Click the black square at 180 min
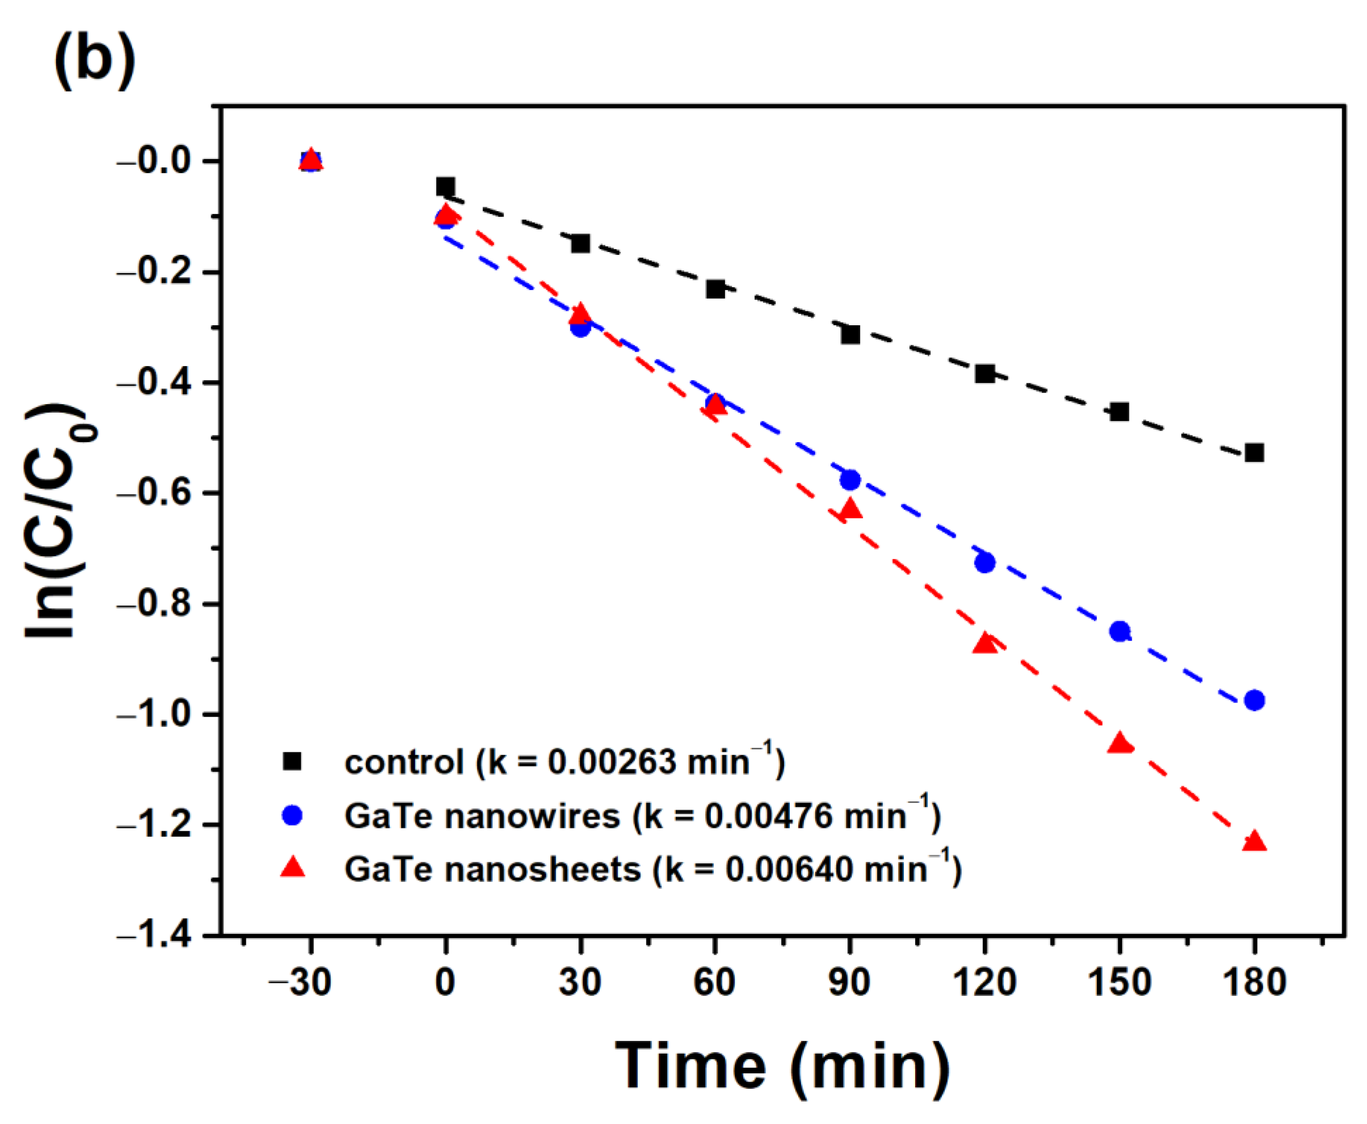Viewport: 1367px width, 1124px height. tap(1254, 452)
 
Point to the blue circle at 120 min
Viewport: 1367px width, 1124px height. tap(985, 563)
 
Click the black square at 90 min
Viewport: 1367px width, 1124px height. tap(850, 335)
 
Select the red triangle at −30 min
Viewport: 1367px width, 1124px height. tap(311, 159)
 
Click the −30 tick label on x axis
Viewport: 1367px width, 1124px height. tap(300, 982)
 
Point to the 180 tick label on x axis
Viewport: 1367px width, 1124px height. tap(1254, 982)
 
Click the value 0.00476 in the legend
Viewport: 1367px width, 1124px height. tap(768, 816)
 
